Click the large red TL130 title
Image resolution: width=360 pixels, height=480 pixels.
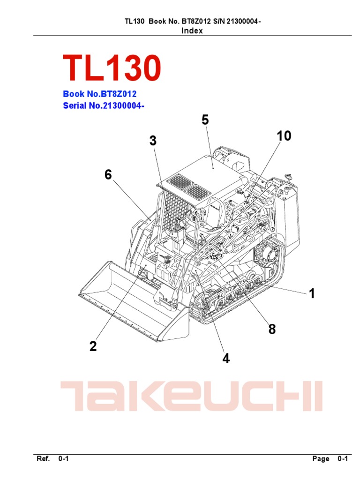coord(112,68)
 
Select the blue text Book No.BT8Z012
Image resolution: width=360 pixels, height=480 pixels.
coord(99,94)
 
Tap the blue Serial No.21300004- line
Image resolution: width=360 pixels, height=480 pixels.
coord(103,106)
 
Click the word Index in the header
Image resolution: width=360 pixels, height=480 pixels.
coord(192,30)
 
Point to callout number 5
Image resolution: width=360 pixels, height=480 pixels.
coord(205,120)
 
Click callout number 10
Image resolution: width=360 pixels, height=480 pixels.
coord(284,136)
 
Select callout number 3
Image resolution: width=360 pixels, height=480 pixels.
coord(153,141)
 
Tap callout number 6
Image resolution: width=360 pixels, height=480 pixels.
coord(108,175)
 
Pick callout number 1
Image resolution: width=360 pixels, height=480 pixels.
coord(311,294)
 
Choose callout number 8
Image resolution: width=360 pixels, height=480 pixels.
coord(272,330)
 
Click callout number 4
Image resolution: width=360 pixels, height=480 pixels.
coord(226,359)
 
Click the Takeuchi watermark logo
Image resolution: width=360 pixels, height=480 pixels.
coord(191,396)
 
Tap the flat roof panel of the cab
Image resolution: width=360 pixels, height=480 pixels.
coord(211,173)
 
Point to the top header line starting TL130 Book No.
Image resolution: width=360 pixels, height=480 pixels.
coord(192,22)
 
